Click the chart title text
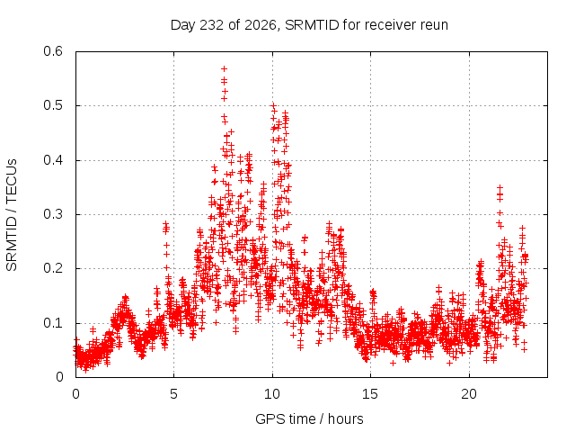[x=309, y=25]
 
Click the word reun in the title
[x=433, y=25]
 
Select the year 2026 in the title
[x=260, y=25]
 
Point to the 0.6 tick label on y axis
[x=53, y=51]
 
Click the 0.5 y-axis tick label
[x=53, y=105]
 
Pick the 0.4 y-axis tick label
[x=53, y=160]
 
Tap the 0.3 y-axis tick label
[x=53, y=214]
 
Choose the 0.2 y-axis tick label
[x=53, y=268]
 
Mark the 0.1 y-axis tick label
[x=53, y=323]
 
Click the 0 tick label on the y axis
[x=59, y=377]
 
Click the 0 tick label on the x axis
[x=75, y=394]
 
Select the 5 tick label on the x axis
[x=173, y=394]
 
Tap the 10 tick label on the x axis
[x=272, y=394]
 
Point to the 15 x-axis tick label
[x=370, y=394]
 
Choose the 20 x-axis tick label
[x=469, y=394]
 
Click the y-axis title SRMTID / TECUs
[x=12, y=215]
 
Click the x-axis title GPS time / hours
[x=309, y=419]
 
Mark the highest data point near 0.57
[x=224, y=68]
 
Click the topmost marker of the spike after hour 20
[x=500, y=188]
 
